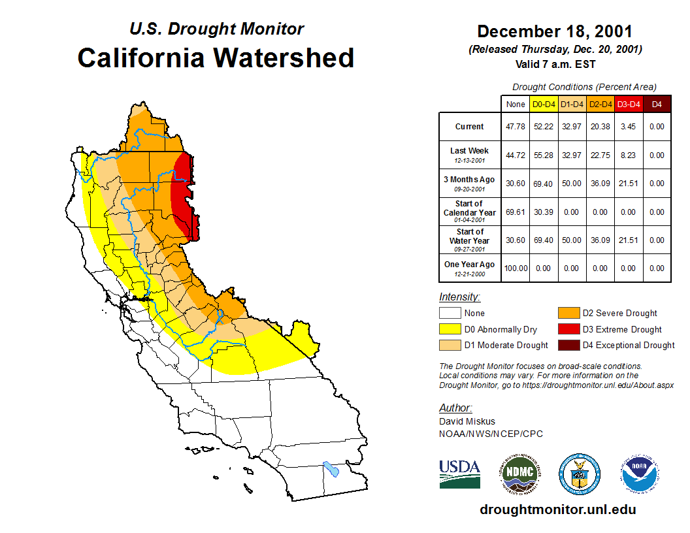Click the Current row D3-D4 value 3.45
[629, 127]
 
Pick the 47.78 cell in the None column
[516, 127]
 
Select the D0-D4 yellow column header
[544, 104]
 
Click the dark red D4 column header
[657, 104]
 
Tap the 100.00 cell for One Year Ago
[516, 268]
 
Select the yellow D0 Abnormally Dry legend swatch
[450, 329]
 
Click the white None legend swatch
[450, 314]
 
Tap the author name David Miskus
[466, 421]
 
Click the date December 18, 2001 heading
[555, 31]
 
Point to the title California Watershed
[216, 57]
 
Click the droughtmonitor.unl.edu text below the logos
[557, 509]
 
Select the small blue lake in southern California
[331, 469]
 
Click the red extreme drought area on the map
[184, 196]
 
